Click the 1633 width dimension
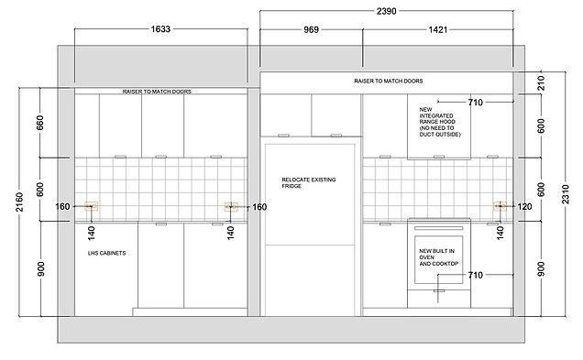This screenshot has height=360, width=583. pos(160,29)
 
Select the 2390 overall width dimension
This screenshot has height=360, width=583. pos(386,11)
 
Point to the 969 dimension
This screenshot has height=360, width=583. pos(311,29)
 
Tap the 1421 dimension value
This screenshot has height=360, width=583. pos(437,29)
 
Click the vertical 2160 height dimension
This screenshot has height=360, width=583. pos(19,202)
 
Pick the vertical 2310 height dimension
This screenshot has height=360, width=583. pos(566,194)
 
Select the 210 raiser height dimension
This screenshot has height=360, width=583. pos(541,83)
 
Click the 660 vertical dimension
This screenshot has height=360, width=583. pos(39,123)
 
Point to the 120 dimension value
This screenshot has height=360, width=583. pos(524,206)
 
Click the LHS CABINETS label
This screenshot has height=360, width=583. pos(106,253)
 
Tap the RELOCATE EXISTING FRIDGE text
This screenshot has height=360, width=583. pos(309,183)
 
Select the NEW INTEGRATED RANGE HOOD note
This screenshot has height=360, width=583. pos(440,122)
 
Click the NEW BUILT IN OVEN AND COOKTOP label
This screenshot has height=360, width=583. pos(439,257)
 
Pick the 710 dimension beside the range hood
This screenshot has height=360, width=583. pos(475,103)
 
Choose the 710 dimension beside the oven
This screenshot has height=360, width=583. pos(475,276)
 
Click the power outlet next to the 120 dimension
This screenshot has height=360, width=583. pos(500,206)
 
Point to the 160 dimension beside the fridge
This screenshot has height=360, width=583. pos(259,207)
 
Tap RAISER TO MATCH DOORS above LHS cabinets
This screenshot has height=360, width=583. pos(157,92)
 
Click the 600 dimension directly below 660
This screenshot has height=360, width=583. pos(39,190)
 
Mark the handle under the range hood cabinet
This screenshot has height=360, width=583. pos(439,157)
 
